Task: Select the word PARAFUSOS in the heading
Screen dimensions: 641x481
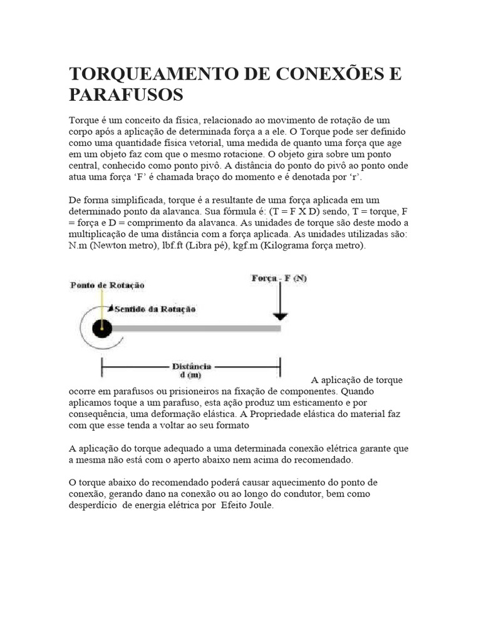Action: click(126, 95)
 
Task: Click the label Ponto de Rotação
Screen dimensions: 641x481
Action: click(107, 285)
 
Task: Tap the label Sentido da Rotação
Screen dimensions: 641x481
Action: click(155, 309)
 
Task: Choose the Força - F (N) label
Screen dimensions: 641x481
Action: click(279, 279)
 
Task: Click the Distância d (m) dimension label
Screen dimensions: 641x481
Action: click(192, 370)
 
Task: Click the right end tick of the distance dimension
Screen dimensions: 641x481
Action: click(280, 366)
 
